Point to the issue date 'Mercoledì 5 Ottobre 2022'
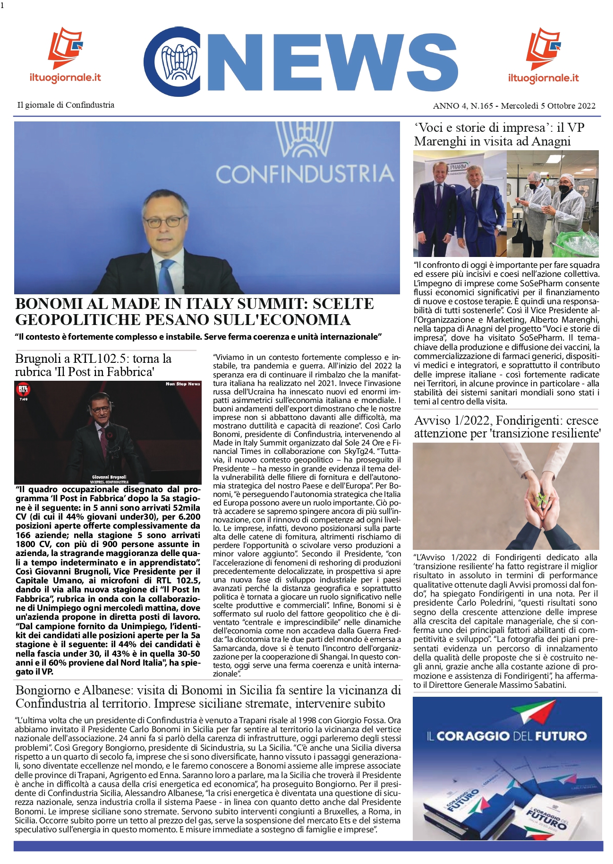pyautogui.click(x=548, y=106)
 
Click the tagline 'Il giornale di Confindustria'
pyautogui.click(x=66, y=105)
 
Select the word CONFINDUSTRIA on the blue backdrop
pyautogui.click(x=305, y=174)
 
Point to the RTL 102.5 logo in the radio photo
pyautogui.click(x=23, y=390)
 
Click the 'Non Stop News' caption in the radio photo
pyautogui.click(x=183, y=384)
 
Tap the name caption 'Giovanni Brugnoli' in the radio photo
pyautogui.click(x=109, y=477)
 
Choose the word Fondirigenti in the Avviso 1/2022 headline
pyautogui.click(x=533, y=420)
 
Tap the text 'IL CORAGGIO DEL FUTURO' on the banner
pyautogui.click(x=506, y=736)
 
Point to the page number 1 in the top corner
pyautogui.click(x=2, y=6)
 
